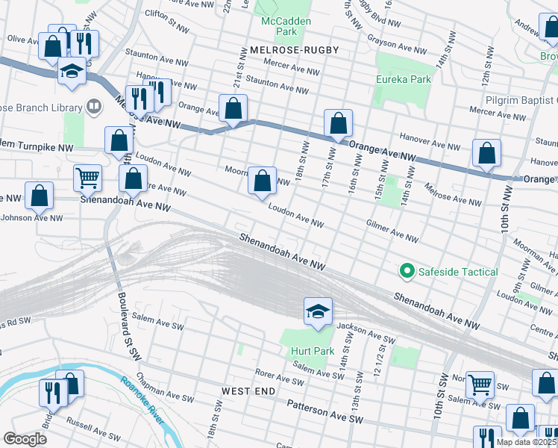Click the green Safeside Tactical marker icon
click(407, 272)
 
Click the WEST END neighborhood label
click(248, 391)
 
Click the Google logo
click(25, 439)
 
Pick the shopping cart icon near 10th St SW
click(479, 384)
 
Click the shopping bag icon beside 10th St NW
click(486, 153)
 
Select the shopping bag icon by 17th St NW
click(338, 122)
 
